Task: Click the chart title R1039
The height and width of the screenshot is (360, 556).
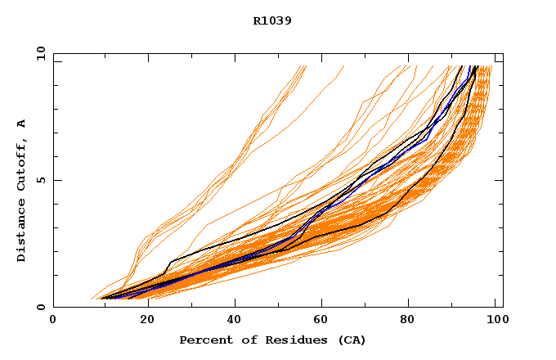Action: point(272,21)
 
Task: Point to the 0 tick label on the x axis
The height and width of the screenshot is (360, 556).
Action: point(53,322)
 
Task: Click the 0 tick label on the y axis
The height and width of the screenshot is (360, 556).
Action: point(39,307)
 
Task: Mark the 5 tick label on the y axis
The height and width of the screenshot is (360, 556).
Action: point(39,180)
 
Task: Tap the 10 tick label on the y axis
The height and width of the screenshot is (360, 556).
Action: point(39,53)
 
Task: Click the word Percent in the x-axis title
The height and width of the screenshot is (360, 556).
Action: point(202,340)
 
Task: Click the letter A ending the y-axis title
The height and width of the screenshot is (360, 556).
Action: point(21,124)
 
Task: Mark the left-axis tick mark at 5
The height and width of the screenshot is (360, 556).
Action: point(56,180)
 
